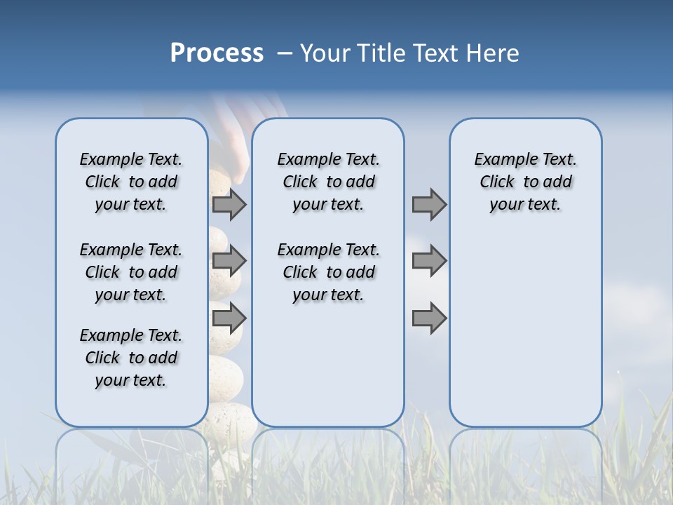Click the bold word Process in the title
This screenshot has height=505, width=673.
tap(217, 53)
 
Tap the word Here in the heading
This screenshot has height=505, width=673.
tap(495, 53)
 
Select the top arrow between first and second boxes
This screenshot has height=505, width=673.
tap(229, 204)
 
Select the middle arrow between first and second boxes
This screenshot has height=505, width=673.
tap(229, 261)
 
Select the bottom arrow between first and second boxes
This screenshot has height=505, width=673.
tap(229, 318)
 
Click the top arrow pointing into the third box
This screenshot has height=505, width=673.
tap(429, 204)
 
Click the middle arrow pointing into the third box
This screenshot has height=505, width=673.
tap(429, 261)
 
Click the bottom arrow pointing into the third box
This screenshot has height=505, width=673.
tap(429, 318)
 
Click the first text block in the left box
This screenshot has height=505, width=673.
tap(131, 182)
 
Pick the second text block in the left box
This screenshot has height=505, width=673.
tap(131, 272)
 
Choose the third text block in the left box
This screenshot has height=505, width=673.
tap(131, 358)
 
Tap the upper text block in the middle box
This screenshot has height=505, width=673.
tap(328, 182)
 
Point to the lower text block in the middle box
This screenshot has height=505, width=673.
tap(328, 272)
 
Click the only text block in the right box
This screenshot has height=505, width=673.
tap(525, 182)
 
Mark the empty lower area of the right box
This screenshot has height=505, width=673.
tap(525, 330)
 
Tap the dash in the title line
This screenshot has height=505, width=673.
tap(285, 53)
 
